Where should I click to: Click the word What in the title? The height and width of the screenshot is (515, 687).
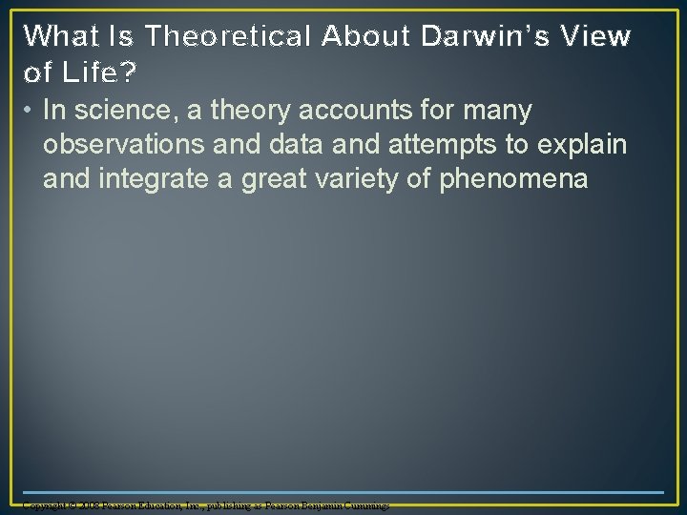tap(59, 37)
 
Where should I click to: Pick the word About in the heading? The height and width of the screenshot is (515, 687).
tap(363, 37)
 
